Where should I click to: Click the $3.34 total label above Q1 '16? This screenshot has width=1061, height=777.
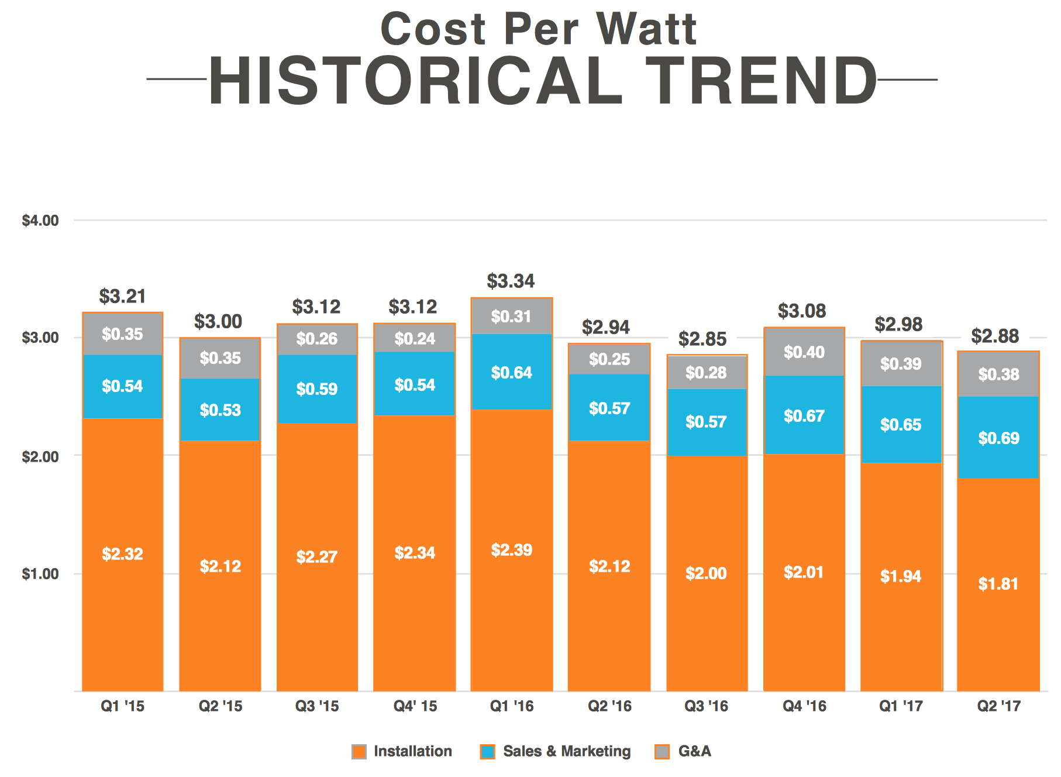511,281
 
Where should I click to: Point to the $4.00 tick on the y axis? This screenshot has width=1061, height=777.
40,221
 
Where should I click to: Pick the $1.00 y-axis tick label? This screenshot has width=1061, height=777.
40,574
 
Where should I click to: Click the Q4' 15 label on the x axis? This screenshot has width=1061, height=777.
415,706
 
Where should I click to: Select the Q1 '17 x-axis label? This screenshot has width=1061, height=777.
901,706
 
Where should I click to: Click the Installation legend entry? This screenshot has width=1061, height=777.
412,751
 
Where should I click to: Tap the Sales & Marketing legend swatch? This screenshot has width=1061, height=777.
487,752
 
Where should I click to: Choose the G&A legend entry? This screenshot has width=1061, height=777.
694,751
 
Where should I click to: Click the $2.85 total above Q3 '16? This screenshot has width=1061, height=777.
702,339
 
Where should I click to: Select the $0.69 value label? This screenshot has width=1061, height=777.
998,438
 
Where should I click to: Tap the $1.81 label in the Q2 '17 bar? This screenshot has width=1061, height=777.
998,584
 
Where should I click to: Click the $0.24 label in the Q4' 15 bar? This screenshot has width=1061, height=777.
415,339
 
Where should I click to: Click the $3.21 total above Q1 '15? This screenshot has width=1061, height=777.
122,296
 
